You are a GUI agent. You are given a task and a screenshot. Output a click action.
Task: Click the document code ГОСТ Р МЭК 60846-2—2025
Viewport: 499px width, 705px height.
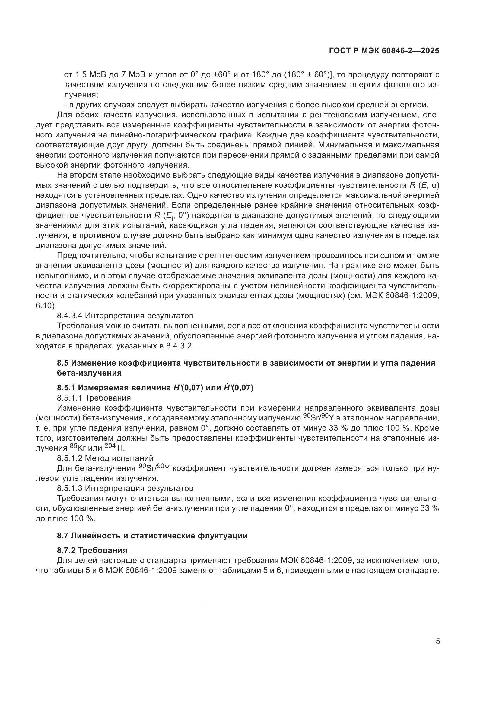(x=384, y=51)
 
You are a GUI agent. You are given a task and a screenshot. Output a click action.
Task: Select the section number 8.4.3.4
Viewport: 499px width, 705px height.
(x=70, y=315)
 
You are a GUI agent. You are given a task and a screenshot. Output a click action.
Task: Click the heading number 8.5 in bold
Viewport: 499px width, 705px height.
(x=63, y=363)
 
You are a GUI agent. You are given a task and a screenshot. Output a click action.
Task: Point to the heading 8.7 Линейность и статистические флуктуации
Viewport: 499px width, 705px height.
(x=152, y=536)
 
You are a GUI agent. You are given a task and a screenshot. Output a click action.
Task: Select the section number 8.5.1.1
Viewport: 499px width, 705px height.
(x=70, y=398)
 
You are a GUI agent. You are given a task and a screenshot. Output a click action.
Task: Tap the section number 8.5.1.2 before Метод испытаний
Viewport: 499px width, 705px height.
(x=70, y=458)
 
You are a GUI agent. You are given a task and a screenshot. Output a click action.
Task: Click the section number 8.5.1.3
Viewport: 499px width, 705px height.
(x=70, y=488)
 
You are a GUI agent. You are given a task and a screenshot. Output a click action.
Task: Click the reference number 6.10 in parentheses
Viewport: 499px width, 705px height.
(x=45, y=306)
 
